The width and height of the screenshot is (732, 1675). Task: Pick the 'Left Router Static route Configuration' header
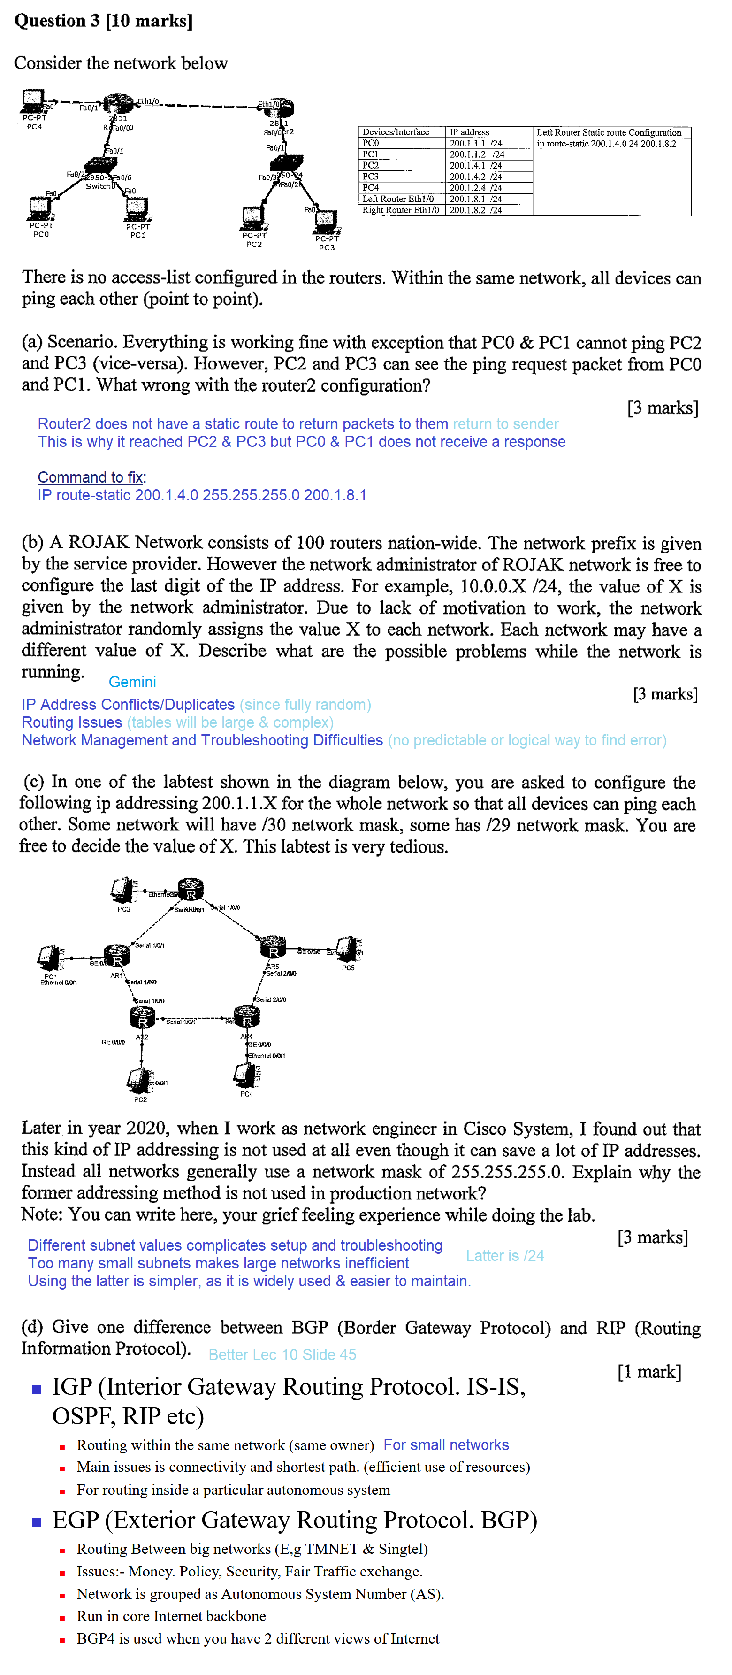pos(609,132)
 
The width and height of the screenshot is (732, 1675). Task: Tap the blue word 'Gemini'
pos(132,682)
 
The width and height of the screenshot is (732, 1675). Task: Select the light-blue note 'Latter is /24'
pos(504,1256)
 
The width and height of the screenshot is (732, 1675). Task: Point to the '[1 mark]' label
pos(649,1372)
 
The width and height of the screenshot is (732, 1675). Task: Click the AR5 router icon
pos(274,950)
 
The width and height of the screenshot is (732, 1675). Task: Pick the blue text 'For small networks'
pos(446,1445)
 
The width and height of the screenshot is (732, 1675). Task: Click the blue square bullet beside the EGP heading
pos(37,1522)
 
